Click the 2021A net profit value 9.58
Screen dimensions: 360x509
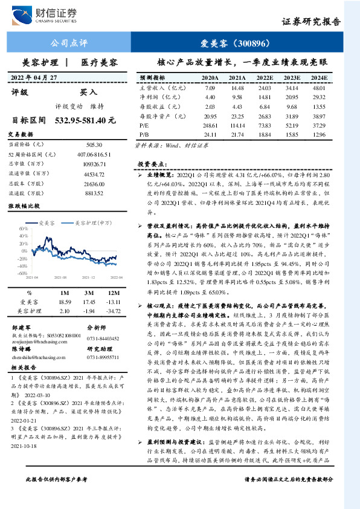[237, 97]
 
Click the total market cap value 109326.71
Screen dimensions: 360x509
[94, 164]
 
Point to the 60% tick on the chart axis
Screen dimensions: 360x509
[24, 229]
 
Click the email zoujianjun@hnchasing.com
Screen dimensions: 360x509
[37, 340]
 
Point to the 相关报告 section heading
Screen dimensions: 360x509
[26, 367]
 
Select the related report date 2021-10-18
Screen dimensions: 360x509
[25, 431]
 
